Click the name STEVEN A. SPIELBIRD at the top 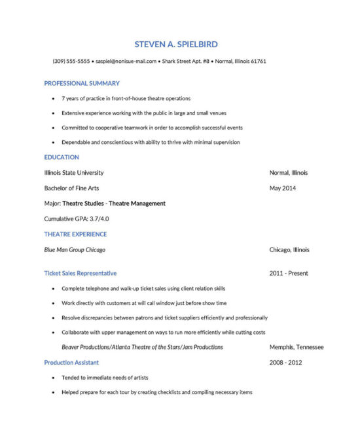[x=175, y=44]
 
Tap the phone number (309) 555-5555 [x=71, y=62]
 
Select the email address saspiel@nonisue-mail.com [x=126, y=62]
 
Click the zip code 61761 [x=258, y=62]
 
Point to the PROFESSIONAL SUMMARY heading [x=82, y=83]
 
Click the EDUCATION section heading [x=62, y=157]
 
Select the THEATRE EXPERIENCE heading [x=75, y=234]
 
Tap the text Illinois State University [x=73, y=173]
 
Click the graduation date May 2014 [x=283, y=188]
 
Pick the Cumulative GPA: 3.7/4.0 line [x=77, y=219]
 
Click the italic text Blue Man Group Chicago [x=75, y=249]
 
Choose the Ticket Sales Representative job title [x=81, y=273]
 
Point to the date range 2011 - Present [x=289, y=273]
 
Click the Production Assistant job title [x=71, y=362]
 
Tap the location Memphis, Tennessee [x=297, y=347]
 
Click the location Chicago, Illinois [x=289, y=249]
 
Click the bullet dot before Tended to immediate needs [x=53, y=378]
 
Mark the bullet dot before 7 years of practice [x=53, y=99]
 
